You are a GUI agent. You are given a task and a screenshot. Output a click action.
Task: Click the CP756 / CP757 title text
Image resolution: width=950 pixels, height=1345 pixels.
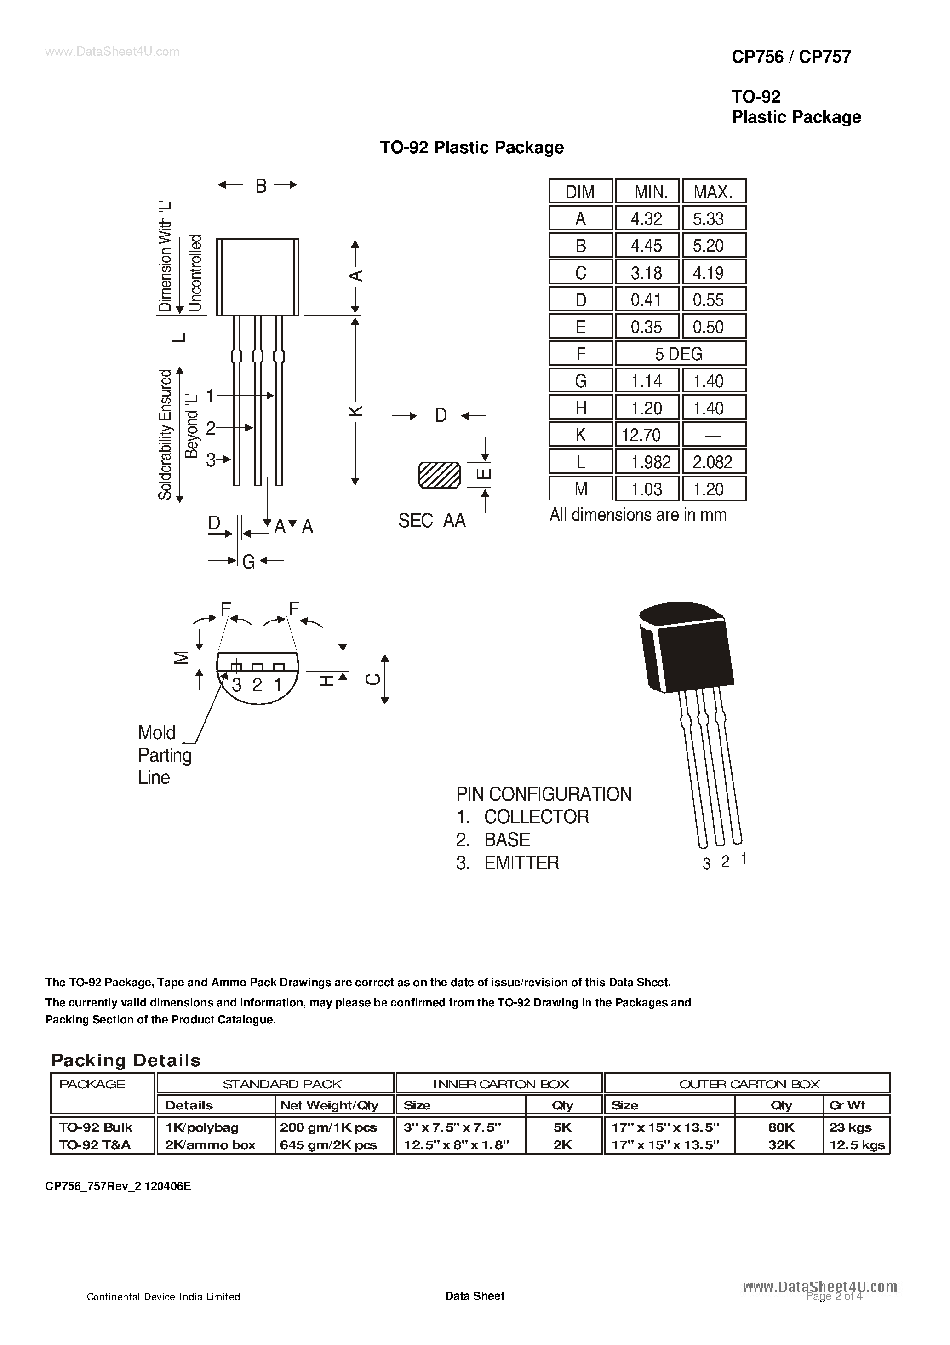791,57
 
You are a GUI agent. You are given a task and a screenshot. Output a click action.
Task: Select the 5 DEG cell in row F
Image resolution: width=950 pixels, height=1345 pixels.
680,354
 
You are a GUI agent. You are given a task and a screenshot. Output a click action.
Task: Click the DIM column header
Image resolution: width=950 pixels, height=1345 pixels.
580,191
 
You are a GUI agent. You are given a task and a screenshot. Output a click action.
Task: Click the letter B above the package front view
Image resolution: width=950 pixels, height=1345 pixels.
261,186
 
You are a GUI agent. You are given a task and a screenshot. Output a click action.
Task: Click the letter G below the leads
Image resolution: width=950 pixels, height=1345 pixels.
248,562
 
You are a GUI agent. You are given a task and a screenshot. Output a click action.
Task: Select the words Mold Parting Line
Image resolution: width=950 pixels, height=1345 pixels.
164,755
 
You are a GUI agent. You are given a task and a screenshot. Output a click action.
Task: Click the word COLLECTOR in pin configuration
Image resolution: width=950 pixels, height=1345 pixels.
537,816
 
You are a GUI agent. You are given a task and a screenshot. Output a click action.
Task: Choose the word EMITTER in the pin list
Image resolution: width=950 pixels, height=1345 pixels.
521,863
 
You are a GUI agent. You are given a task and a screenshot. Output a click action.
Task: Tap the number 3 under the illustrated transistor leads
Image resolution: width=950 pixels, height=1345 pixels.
706,864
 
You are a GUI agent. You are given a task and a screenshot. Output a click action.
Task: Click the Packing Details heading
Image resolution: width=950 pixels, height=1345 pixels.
126,1060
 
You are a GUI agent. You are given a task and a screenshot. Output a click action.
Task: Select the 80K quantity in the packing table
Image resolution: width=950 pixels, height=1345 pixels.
781,1127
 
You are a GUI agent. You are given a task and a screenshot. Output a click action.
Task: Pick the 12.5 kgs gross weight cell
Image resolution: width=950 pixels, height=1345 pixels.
857,1144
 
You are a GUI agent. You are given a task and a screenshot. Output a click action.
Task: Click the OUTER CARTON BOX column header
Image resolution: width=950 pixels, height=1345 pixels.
749,1084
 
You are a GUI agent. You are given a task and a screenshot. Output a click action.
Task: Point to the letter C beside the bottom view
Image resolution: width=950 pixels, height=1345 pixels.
373,679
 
